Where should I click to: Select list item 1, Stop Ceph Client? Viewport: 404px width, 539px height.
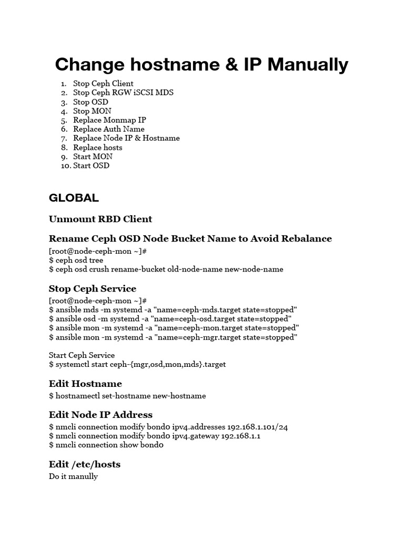103,83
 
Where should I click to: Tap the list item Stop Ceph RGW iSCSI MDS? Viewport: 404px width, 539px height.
123,93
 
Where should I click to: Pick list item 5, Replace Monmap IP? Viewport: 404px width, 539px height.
109,120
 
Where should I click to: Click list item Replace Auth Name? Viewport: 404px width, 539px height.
108,129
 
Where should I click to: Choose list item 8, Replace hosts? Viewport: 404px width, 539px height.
97,147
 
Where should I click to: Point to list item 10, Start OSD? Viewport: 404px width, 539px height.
91,165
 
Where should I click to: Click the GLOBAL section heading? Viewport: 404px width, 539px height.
74,198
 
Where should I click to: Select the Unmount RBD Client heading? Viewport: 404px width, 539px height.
100,219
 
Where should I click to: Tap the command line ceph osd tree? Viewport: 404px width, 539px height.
76,260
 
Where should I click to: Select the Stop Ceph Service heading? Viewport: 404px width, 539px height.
93,288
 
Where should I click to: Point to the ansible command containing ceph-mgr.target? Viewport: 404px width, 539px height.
173,337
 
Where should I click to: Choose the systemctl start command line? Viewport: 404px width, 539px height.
137,364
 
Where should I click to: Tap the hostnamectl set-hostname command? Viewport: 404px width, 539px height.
127,395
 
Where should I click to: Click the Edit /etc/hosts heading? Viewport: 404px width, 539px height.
85,464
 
